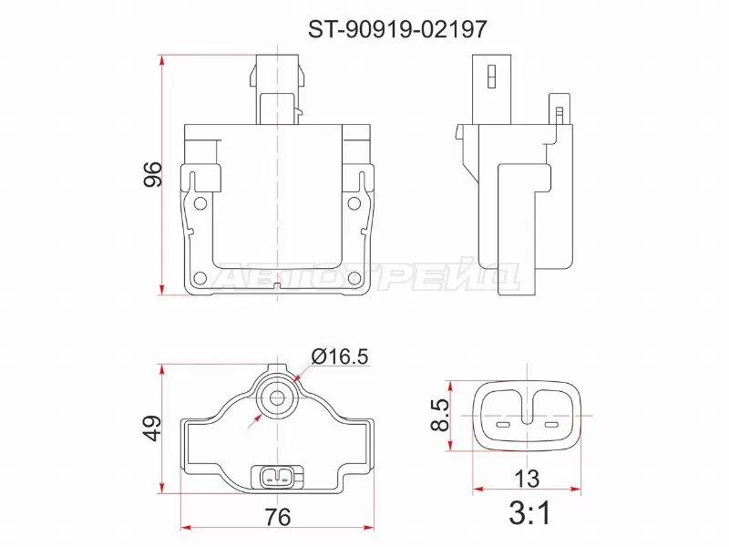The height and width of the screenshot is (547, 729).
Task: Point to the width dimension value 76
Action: click(x=278, y=517)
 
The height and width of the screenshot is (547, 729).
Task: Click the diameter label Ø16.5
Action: click(x=339, y=357)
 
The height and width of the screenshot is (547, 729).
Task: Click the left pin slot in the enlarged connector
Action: click(x=504, y=426)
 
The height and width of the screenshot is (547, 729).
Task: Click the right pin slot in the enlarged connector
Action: click(x=549, y=426)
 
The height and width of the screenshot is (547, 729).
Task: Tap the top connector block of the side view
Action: click(x=488, y=89)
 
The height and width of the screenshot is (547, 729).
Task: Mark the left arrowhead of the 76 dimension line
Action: click(x=186, y=528)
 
